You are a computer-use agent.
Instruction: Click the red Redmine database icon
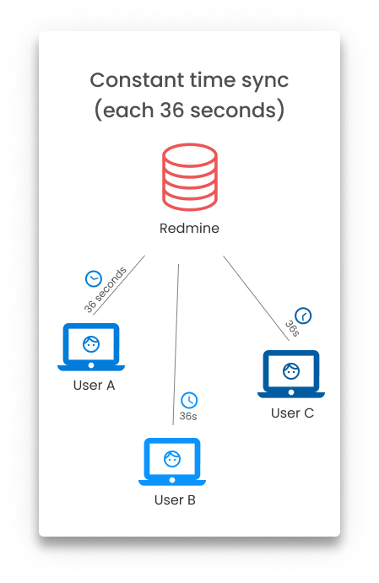190,177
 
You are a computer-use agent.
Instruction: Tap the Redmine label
189,228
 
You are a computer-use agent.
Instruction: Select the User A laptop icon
91,347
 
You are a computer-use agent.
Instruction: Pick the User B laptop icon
172,462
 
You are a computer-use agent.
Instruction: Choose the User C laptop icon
291,374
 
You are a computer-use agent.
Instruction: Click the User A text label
94,386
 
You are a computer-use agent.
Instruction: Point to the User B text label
175,500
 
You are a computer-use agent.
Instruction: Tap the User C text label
292,413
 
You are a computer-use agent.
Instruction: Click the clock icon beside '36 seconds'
94,279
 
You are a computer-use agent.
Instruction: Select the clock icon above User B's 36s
189,400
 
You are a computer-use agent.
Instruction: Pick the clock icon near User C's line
303,316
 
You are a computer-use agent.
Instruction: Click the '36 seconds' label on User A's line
106,290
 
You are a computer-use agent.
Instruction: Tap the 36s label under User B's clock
188,416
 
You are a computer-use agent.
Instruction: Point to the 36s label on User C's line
292,329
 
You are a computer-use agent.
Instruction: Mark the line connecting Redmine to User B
176,344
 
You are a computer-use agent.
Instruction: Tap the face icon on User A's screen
91,344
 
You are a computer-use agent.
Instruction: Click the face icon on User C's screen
291,370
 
